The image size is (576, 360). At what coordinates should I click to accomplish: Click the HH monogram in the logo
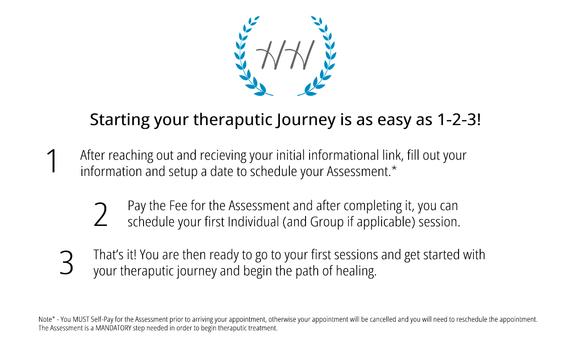285,55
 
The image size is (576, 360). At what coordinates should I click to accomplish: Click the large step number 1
52,161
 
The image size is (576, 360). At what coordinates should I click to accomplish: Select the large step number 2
100,214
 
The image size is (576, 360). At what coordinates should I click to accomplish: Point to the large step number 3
66,263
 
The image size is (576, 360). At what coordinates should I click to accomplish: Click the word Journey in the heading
306,120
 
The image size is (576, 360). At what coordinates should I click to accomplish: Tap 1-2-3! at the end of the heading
459,120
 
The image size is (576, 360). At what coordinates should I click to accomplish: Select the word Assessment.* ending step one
361,171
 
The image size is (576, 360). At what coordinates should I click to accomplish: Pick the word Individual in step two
253,222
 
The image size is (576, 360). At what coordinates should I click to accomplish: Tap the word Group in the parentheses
327,222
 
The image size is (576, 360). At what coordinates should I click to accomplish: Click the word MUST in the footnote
81,319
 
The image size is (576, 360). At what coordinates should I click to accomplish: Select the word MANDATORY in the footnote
113,328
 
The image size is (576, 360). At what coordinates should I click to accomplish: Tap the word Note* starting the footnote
47,319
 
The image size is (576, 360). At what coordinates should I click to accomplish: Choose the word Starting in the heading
120,120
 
